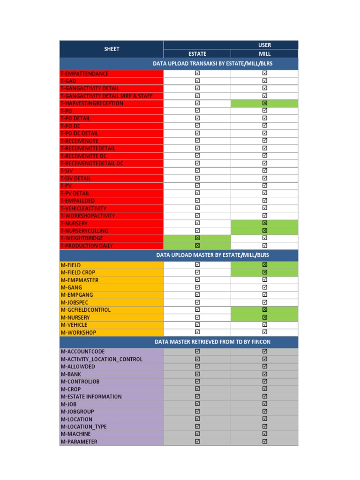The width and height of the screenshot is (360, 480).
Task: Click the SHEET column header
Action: point(112,49)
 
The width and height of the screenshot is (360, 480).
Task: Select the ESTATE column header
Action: point(197,53)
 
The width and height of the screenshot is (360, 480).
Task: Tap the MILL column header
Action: point(265,53)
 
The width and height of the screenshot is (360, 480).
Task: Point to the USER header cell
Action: point(265,45)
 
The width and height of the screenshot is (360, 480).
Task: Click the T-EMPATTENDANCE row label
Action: point(85,74)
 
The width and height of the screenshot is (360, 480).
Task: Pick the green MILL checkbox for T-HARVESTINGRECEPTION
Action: point(265,103)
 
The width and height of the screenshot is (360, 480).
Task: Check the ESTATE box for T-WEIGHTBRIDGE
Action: point(197,238)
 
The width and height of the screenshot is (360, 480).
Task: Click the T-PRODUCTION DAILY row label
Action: point(87,246)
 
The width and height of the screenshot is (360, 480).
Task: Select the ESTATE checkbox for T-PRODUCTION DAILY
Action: point(197,246)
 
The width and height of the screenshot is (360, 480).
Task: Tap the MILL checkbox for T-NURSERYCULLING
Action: point(265,231)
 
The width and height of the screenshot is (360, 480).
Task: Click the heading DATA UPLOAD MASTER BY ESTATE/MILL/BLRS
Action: point(212,255)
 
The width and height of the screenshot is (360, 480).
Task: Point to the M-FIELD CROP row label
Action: point(78,272)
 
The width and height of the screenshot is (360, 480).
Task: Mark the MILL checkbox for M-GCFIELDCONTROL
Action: point(265,310)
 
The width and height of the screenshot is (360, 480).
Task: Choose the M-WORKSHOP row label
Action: point(78,332)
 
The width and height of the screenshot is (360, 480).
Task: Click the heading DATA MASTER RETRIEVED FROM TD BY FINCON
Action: point(212,342)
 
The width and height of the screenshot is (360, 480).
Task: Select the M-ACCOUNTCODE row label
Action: point(82,352)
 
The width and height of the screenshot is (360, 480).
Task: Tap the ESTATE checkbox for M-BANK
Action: point(197,374)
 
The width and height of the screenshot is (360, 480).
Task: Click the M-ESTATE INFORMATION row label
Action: point(91,397)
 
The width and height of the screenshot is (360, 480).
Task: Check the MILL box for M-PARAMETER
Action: point(265,442)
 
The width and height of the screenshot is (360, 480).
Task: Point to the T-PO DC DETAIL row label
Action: point(80,133)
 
